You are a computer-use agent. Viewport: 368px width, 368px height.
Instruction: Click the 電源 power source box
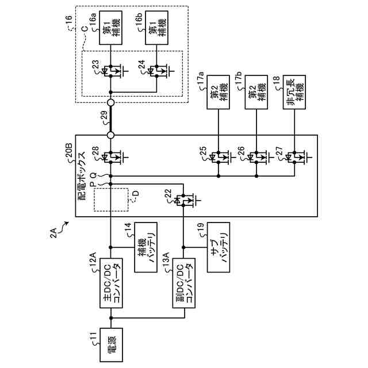pos(111,345)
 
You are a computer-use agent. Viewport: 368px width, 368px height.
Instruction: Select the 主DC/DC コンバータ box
pos(111,283)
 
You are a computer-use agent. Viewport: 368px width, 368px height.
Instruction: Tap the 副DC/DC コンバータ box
pos(184,283)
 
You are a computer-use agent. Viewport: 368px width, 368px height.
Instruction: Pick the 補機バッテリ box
pos(145,247)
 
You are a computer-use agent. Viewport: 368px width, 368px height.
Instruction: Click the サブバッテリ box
pos(218,247)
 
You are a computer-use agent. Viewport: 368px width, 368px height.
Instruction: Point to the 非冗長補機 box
pos(294,92)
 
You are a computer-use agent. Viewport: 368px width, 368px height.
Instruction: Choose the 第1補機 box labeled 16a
pos(110,28)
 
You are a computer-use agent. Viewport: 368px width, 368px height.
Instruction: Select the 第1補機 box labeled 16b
pos(156,28)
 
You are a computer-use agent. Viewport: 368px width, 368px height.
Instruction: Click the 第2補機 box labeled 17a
pos(218,92)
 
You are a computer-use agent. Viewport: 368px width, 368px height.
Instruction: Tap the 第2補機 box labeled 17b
pos(256,92)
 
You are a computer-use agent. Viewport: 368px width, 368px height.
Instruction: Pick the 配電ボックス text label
pos(82,176)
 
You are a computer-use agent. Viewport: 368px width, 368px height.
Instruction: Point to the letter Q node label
pos(93,175)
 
